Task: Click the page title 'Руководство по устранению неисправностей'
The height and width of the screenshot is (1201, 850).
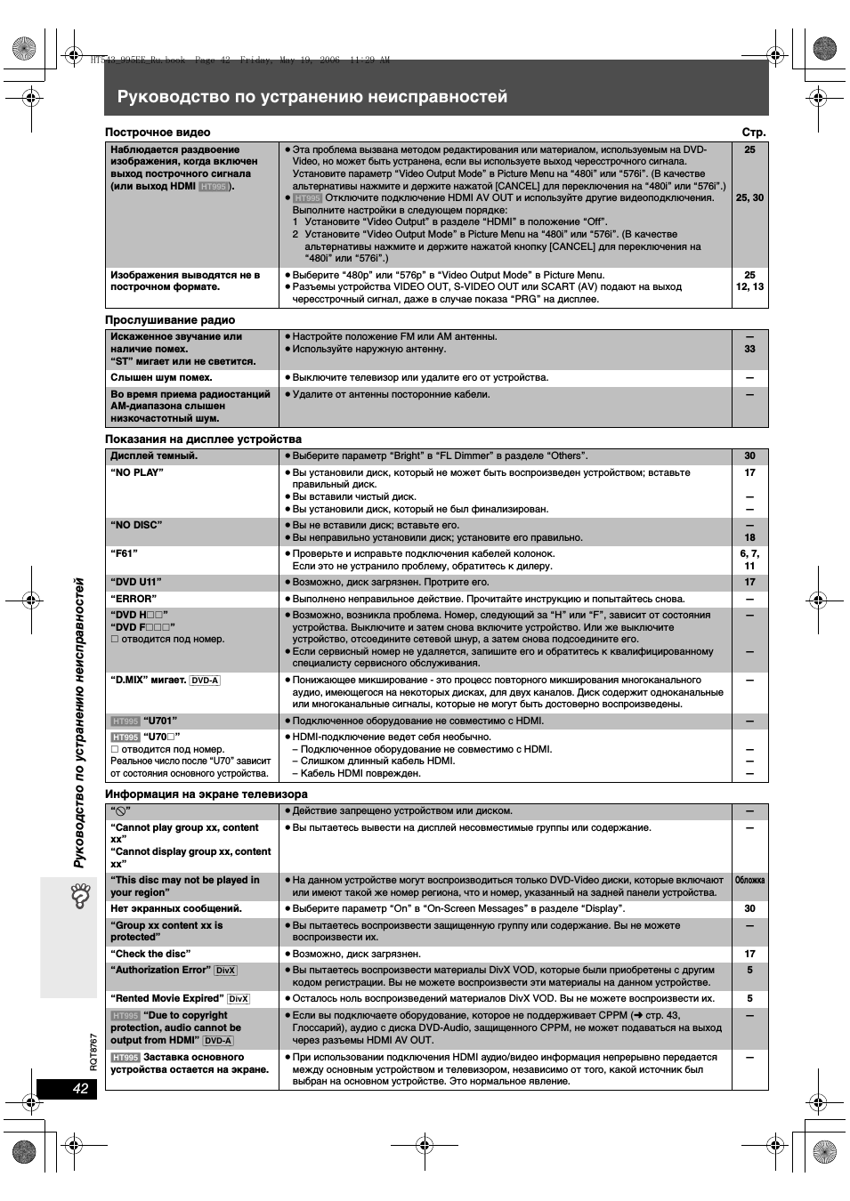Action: (x=312, y=96)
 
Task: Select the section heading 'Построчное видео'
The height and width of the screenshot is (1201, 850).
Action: (x=158, y=133)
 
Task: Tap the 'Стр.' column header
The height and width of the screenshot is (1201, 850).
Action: (x=754, y=133)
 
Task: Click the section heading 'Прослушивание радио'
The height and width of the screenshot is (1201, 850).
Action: (x=170, y=319)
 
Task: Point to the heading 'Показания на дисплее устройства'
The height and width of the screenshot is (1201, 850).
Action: (x=203, y=439)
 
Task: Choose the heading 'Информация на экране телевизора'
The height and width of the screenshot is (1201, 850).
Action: (x=206, y=794)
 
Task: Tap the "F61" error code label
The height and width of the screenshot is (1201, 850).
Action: (x=125, y=553)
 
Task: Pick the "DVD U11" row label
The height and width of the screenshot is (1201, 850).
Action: (x=136, y=582)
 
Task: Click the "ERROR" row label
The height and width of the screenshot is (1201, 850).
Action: (x=134, y=599)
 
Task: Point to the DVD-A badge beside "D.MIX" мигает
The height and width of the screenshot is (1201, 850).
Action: (x=205, y=681)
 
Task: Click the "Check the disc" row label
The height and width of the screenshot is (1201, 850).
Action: (x=150, y=954)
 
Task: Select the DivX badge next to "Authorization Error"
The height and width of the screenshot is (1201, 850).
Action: (x=225, y=971)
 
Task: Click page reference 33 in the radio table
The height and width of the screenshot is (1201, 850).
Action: (x=749, y=349)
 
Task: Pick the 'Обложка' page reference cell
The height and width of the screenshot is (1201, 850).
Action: (x=749, y=881)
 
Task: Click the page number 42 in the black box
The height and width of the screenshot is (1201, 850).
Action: (x=81, y=1089)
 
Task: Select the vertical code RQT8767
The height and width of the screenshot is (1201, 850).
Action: (x=93, y=1052)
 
